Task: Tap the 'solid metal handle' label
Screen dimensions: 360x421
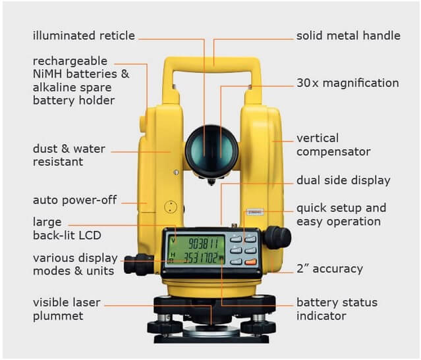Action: (x=348, y=36)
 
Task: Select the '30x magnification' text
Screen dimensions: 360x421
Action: (x=347, y=84)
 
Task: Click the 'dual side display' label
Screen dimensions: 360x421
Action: (x=343, y=180)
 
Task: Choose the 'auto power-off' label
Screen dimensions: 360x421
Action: (x=74, y=199)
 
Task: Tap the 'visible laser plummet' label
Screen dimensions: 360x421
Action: (x=67, y=309)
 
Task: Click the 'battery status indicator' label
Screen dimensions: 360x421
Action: (x=337, y=309)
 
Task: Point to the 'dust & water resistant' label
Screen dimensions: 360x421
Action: (x=69, y=155)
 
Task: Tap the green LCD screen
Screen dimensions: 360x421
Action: (x=195, y=249)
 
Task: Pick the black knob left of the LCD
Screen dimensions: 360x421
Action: (x=138, y=264)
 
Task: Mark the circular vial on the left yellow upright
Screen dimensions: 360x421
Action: (x=171, y=207)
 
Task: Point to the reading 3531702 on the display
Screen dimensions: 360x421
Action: (x=202, y=257)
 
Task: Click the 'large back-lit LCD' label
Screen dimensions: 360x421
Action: (x=67, y=228)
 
